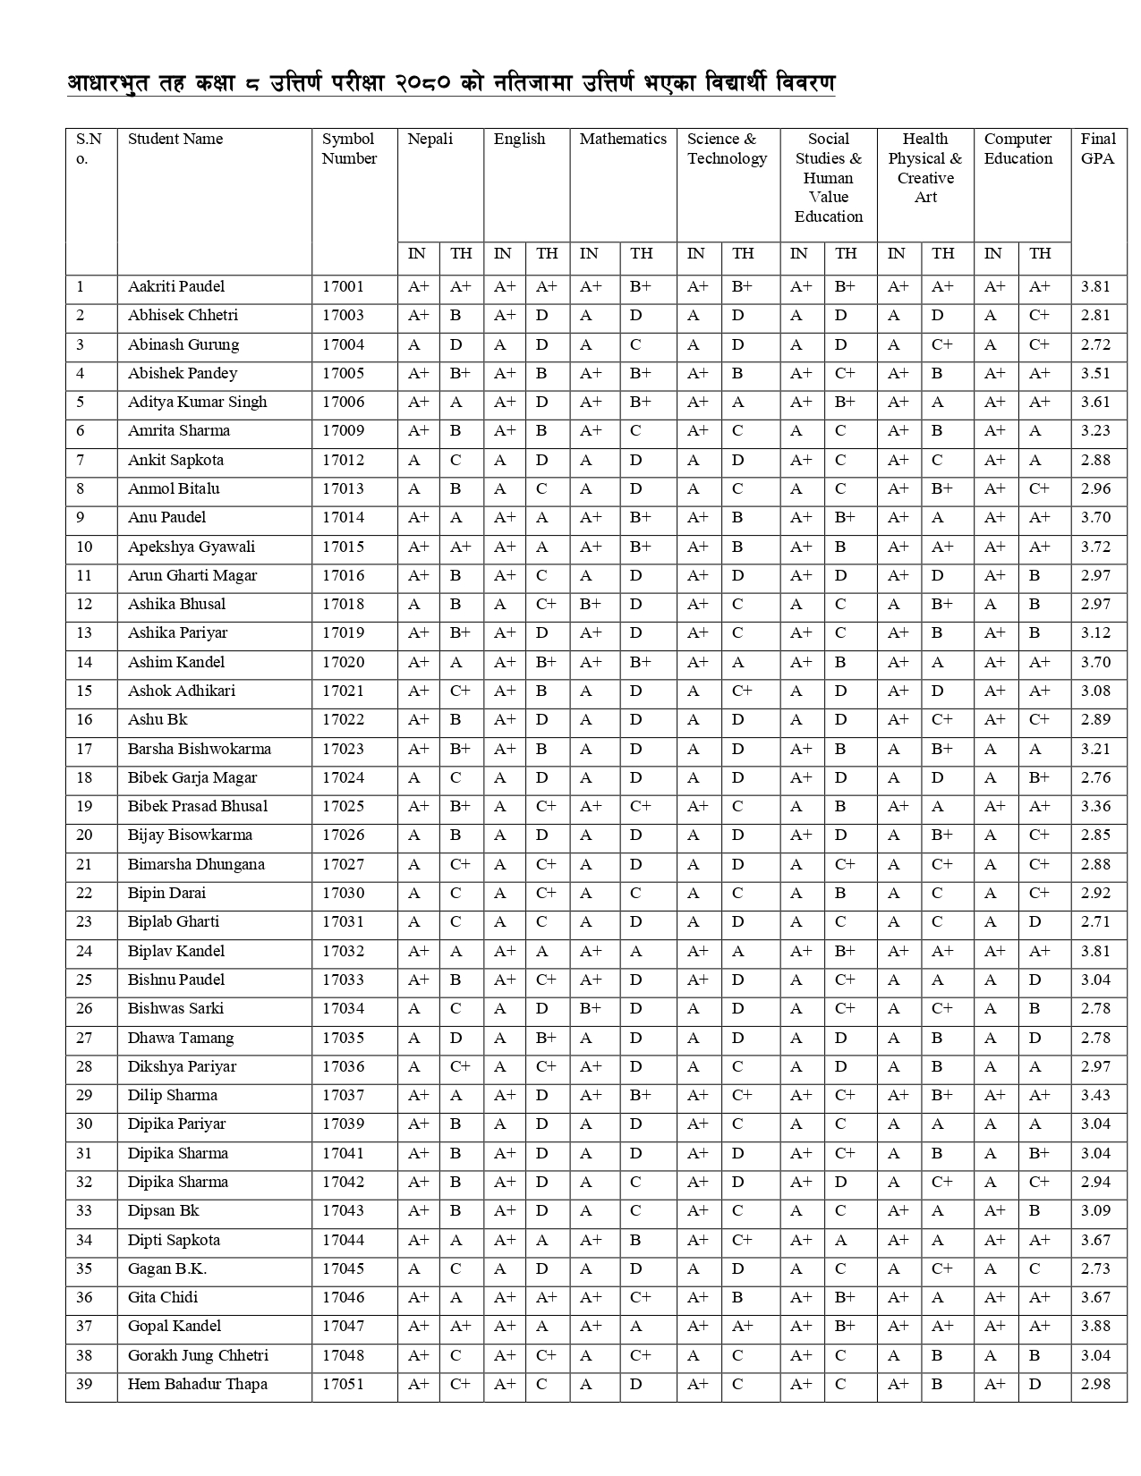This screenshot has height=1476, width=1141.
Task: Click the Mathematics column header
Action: [623, 139]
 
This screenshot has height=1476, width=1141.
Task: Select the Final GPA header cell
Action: [1098, 148]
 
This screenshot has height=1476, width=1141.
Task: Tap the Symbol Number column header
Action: [349, 148]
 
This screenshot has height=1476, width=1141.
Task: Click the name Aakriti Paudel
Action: [176, 286]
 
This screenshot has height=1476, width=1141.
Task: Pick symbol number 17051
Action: [344, 1384]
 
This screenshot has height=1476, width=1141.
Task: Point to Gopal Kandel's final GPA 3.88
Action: [1095, 1326]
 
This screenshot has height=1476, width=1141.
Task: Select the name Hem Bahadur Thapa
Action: [197, 1384]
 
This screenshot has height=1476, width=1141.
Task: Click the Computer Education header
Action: [1018, 148]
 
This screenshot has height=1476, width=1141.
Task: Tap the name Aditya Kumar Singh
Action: [197, 402]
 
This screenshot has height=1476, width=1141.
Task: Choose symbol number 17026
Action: [344, 835]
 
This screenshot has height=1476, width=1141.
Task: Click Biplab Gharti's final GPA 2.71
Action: [1095, 921]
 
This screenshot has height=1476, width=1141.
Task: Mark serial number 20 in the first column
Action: [84, 835]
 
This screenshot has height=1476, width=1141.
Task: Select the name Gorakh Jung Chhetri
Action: [198, 1355]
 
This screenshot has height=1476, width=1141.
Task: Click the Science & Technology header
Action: [727, 148]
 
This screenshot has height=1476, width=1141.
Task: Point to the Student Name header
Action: [175, 139]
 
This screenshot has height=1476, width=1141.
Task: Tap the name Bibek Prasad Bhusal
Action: [197, 806]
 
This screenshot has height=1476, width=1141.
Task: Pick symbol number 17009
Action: [344, 430]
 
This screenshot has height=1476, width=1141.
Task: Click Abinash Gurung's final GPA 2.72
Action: [1095, 344]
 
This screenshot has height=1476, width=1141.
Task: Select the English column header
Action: [519, 139]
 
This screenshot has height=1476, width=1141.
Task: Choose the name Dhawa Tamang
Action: [181, 1038]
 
